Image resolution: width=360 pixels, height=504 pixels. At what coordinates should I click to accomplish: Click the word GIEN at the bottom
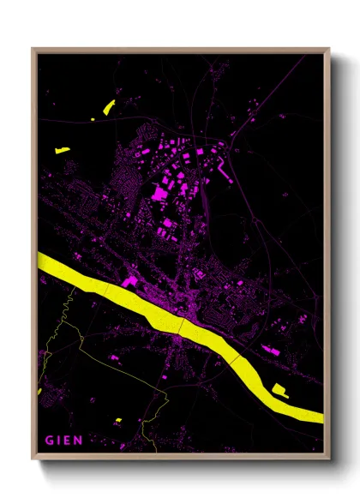(64, 441)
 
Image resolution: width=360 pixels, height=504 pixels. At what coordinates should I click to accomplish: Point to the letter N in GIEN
(80, 441)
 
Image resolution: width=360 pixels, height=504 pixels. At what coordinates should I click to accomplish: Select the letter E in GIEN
(70, 441)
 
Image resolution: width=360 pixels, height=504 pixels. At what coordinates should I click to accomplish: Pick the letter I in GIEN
(60, 441)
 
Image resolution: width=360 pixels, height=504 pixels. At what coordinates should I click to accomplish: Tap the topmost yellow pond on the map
(109, 107)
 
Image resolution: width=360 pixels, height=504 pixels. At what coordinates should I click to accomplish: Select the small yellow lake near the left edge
(62, 150)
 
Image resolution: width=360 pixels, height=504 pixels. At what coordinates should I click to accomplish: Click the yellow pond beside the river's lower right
(279, 391)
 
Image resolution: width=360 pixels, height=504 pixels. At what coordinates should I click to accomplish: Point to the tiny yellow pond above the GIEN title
(118, 420)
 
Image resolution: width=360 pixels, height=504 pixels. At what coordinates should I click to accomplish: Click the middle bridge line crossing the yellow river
(181, 327)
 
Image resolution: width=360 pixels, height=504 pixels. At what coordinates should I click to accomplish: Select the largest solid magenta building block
(159, 194)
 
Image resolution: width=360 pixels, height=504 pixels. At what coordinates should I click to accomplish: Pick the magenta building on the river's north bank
(130, 281)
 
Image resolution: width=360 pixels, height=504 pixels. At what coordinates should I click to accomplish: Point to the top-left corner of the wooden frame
(33, 49)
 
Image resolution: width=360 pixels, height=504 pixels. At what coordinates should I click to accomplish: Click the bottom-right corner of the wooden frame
(330, 460)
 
